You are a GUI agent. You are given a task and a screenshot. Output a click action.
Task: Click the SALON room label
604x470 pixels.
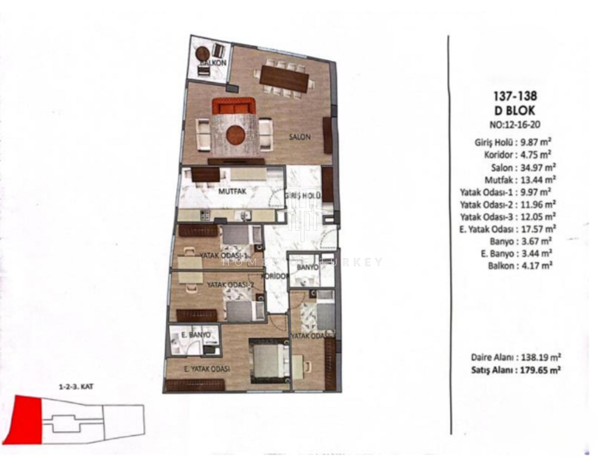pos(299,137)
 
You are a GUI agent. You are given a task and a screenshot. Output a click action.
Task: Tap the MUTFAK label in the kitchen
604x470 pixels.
pos(232,191)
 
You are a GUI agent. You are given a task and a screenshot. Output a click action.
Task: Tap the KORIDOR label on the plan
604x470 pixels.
pos(274,276)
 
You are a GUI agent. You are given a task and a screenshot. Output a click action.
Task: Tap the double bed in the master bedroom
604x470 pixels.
pos(268,361)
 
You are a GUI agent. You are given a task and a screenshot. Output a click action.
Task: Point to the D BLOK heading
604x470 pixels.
pos(515,111)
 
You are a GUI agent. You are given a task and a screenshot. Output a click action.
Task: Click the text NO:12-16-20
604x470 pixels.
pos(515,125)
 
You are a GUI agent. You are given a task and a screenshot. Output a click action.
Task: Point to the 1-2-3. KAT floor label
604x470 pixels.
pos(76,387)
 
